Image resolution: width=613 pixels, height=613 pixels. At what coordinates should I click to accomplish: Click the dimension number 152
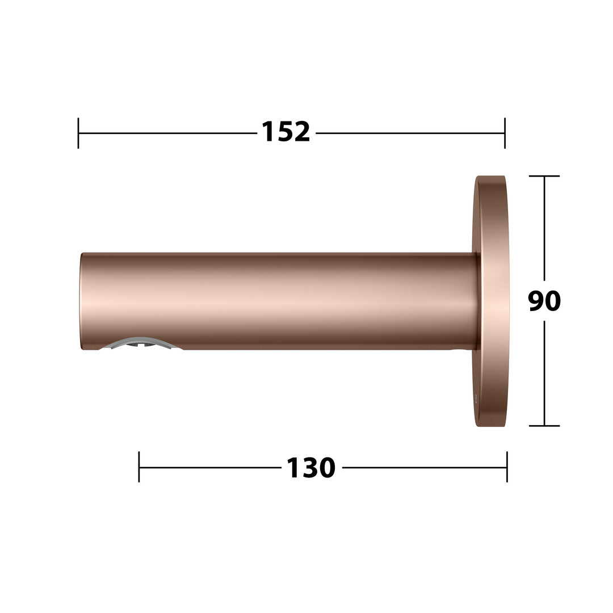285,132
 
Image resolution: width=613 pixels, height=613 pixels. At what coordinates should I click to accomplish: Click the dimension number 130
311,468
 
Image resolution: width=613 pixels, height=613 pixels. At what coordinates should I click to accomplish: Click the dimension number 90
544,301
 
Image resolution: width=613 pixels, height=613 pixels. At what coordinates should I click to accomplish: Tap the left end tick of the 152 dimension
78,133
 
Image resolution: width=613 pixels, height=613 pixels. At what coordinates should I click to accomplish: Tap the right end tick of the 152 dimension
505,133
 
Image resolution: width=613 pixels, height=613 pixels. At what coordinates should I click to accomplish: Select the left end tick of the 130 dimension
139,467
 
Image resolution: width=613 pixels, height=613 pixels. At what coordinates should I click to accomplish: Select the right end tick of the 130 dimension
507,467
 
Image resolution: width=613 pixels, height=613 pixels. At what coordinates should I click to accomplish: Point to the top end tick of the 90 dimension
544,177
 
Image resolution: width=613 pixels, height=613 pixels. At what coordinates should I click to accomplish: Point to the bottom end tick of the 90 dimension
544,426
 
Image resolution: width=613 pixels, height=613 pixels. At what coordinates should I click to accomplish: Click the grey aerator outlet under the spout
141,342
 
